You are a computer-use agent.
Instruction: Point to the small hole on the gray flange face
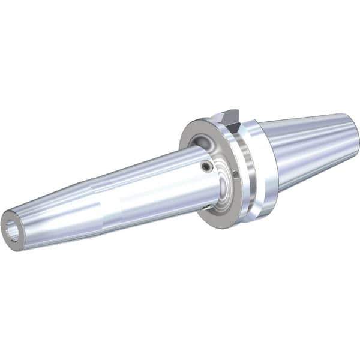coord(236,175)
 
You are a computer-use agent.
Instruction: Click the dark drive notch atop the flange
coord(229,116)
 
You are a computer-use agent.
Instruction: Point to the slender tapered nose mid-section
coord(90,201)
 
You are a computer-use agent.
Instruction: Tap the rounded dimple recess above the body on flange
coord(202,142)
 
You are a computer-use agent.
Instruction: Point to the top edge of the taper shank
coord(306,118)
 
